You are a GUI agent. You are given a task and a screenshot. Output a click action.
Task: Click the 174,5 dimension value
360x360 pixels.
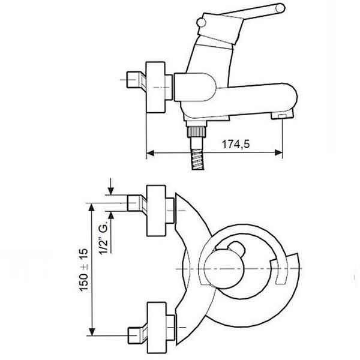[235, 144]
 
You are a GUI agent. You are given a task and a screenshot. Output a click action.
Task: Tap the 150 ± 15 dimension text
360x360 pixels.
[83, 270]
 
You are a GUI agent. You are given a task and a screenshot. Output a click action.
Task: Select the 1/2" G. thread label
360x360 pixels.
[104, 239]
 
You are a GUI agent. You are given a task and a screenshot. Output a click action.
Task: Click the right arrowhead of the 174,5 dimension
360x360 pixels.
[279, 152]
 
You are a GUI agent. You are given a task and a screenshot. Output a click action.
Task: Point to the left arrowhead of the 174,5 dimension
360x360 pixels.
[150, 153]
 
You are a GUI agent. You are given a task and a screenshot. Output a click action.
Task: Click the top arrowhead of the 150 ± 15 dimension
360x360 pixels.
[92, 208]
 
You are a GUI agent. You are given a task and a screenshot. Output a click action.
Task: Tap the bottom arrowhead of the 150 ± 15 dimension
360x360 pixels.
[92, 332]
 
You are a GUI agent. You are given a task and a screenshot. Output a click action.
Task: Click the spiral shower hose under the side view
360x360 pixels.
[197, 160]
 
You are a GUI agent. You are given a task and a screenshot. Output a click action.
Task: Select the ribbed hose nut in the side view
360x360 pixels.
[197, 131]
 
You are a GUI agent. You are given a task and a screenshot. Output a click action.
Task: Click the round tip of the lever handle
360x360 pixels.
[280, 8]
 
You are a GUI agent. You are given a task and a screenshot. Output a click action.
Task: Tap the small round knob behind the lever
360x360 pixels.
[202, 23]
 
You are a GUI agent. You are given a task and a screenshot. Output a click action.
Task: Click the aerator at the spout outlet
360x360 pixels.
[282, 114]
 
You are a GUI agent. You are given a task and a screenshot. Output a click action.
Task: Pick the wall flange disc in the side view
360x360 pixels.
[155, 87]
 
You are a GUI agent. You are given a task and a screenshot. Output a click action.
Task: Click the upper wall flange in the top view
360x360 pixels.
[156, 211]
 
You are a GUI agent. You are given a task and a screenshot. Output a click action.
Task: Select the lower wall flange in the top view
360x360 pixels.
[157, 328]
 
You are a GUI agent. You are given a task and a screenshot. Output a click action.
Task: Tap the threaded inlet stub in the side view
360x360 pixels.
[136, 80]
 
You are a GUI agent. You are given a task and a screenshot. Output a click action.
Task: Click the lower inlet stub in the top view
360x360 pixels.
[137, 335]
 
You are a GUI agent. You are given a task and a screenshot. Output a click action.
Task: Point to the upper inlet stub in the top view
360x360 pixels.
[137, 203]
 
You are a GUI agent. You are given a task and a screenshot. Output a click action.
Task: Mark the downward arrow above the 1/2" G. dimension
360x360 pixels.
[111, 186]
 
